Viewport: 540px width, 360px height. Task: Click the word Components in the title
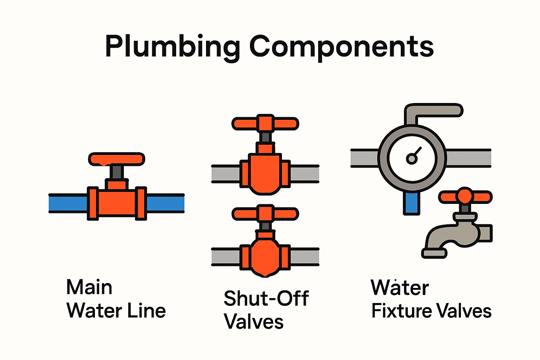click(341, 47)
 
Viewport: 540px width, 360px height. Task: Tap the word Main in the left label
click(89, 287)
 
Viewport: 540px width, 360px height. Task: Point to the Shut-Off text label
click(266, 298)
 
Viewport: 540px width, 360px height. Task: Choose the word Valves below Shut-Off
click(253, 322)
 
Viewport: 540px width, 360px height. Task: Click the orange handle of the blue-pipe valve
click(116, 159)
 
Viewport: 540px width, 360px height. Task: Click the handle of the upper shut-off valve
click(265, 123)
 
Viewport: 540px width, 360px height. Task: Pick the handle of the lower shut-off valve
click(265, 213)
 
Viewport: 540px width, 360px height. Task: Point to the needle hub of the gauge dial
click(411, 159)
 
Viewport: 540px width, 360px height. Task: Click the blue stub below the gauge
click(411, 203)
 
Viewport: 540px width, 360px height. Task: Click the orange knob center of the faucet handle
click(465, 195)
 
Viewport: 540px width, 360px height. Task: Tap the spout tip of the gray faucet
click(434, 253)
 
